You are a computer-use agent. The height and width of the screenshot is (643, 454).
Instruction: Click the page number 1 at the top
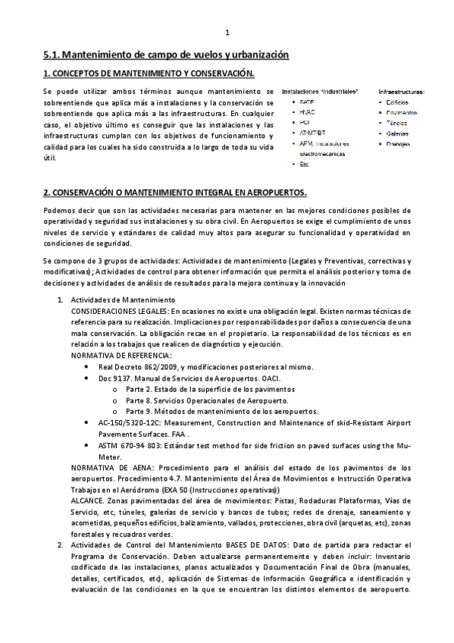tap(227, 33)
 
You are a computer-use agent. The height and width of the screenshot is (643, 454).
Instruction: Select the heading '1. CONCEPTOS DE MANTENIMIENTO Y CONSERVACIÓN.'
tap(149, 74)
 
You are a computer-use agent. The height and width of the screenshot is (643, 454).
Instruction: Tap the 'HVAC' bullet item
tap(307, 111)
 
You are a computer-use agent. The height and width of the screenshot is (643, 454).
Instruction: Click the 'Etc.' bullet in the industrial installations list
tap(305, 164)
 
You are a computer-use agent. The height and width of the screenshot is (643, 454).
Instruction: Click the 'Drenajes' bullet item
tap(399, 143)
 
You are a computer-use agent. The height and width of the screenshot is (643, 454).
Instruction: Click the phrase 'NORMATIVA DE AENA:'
tap(110, 468)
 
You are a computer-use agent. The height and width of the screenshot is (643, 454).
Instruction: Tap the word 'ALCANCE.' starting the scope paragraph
tap(91, 500)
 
